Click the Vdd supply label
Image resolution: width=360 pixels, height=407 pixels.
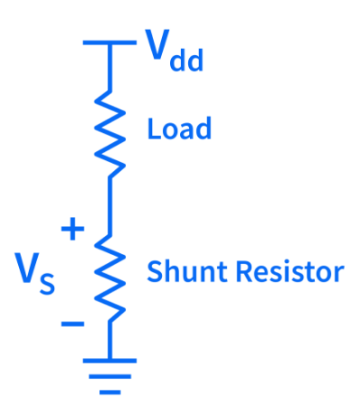coord(175,50)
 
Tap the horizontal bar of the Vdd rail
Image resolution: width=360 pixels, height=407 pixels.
coord(109,43)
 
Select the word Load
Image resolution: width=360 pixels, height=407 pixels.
coord(179,128)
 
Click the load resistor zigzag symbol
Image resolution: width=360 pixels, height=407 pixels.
coord(109,134)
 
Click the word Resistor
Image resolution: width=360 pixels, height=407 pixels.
coord(289,271)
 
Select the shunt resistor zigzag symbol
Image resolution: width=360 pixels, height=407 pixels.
coord(109,278)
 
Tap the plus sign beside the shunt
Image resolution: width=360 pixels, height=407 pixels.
coord(72,229)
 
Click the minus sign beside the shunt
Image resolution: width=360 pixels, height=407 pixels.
coord(72,324)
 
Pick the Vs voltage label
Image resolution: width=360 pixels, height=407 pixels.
coord(35,273)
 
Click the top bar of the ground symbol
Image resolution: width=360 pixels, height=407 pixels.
coord(109,361)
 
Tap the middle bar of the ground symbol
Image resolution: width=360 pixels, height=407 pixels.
coord(109,376)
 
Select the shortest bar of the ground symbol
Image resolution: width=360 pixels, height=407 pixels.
coord(109,393)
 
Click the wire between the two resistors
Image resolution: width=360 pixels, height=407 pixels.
coord(110,206)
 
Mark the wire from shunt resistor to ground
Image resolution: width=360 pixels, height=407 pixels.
coord(110,340)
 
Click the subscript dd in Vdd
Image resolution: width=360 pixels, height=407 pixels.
coord(186,60)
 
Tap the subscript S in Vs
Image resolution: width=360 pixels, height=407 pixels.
coord(47,284)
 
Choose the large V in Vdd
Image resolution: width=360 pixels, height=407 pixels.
coord(157,44)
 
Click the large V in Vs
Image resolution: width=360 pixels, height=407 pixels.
coord(27,268)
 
